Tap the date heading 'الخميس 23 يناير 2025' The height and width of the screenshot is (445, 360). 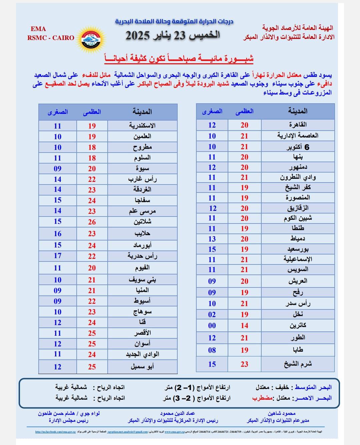[x=173, y=35]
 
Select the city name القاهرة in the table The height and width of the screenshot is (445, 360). [x=298, y=125]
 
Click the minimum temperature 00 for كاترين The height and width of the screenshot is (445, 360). [x=212, y=325]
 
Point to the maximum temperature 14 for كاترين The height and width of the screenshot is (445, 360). [x=244, y=325]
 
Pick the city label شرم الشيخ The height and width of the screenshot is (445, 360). [x=298, y=364]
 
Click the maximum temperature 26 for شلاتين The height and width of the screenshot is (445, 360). [x=92, y=222]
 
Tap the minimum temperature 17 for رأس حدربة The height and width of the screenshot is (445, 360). [x=58, y=256]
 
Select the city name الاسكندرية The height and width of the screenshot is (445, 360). [x=142, y=126]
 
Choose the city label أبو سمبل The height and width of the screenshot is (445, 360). [x=142, y=367]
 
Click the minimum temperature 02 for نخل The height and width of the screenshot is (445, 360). [x=212, y=314]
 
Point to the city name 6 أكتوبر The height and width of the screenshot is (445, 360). [x=298, y=147]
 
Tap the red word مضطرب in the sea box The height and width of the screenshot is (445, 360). [x=262, y=398]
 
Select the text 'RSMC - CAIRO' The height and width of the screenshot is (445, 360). [x=51, y=38]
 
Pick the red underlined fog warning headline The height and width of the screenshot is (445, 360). [x=179, y=59]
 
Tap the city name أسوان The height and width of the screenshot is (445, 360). [x=142, y=344]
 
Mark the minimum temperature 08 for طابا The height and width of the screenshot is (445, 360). [x=212, y=350]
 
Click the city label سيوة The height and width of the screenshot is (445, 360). [x=142, y=169]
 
